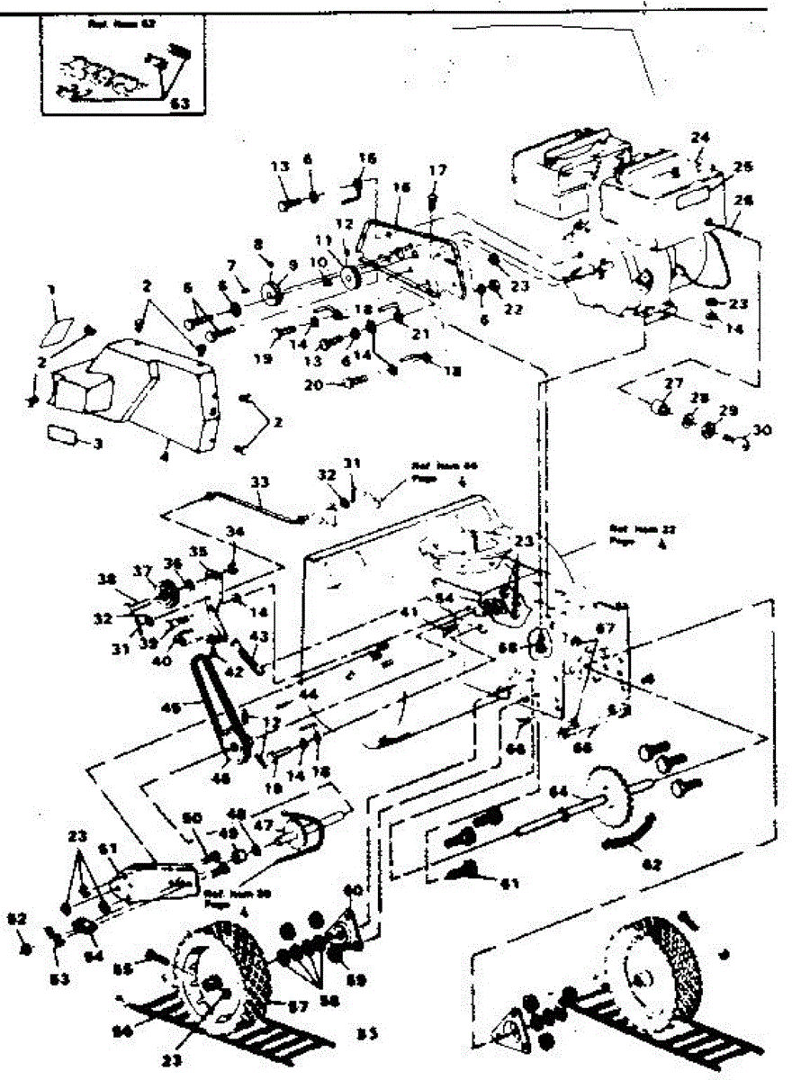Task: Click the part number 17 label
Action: click(x=437, y=169)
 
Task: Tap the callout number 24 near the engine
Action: click(x=700, y=138)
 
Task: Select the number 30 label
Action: click(x=761, y=429)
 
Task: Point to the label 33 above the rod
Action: click(x=259, y=481)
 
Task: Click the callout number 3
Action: click(x=99, y=443)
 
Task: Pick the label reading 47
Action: click(x=262, y=823)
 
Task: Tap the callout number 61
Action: click(x=509, y=884)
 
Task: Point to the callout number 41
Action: click(x=409, y=612)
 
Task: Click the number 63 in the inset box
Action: click(x=180, y=103)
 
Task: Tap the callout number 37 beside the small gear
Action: click(x=141, y=571)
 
